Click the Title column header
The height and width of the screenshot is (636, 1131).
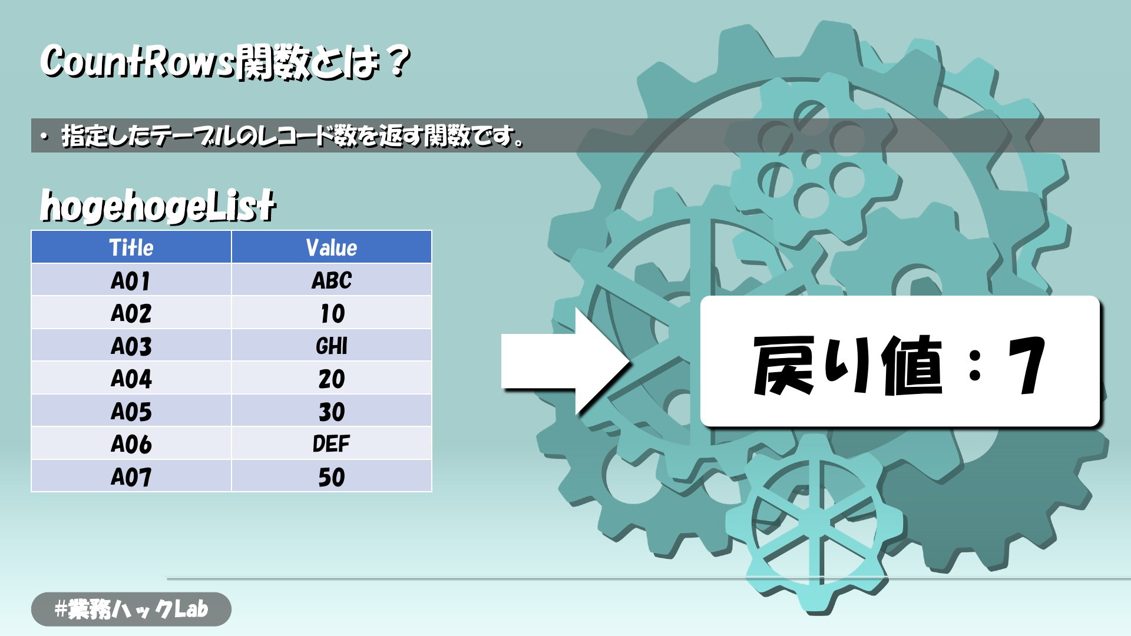131,247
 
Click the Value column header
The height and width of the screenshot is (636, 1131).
332,247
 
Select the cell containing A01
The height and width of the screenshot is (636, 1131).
131,280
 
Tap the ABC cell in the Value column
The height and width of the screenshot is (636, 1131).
332,280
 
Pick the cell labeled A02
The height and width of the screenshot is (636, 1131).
131,313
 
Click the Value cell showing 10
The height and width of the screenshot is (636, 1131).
332,313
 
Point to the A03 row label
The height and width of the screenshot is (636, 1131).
131,346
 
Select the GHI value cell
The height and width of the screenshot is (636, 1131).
332,346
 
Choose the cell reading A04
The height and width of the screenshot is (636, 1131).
131,378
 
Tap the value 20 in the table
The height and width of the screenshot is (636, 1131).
332,378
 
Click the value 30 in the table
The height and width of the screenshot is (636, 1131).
332,411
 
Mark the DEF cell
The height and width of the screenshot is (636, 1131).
332,443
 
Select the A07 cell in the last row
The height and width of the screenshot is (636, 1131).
131,476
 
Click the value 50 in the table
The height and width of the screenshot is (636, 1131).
332,476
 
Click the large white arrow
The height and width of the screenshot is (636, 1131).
565,361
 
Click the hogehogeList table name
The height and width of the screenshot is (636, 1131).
158,206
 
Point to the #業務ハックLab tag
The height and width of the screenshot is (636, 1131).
131,609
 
